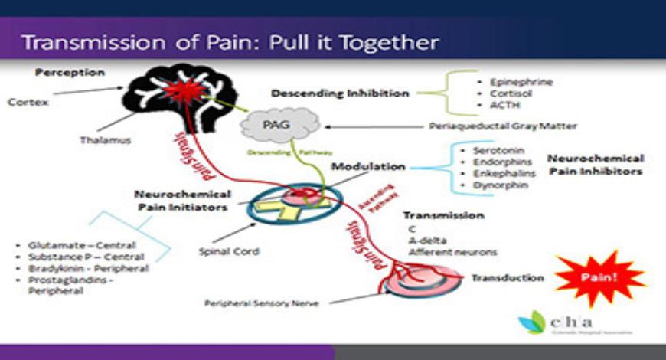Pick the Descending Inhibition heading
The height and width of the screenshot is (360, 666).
[340, 93]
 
